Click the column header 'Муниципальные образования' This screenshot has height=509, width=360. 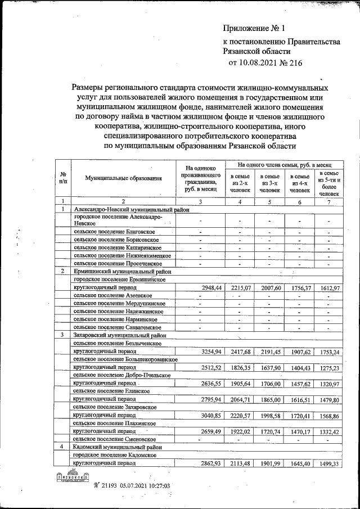pos(123,178)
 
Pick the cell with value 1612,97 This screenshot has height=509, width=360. pos(328,287)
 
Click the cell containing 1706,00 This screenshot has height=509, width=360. pos(270,382)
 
